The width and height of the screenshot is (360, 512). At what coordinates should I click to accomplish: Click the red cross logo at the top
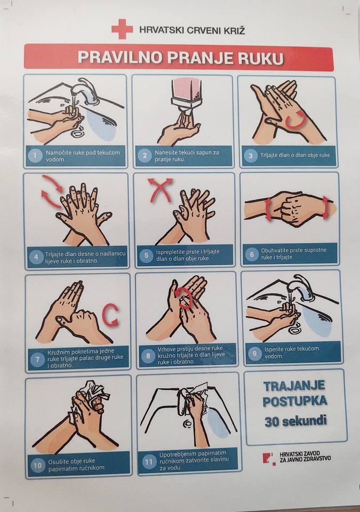coord(122,29)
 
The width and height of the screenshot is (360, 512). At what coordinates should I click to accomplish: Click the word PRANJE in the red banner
coord(201,58)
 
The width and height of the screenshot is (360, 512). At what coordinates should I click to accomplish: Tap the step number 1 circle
coord(35,155)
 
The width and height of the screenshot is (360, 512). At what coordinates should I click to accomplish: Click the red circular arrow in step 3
coord(295,119)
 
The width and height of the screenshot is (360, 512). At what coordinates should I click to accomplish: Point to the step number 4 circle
coord(36,257)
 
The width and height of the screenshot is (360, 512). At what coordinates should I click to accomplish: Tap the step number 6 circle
coord(252,254)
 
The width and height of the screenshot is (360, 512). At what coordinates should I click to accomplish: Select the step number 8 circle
coord(148,355)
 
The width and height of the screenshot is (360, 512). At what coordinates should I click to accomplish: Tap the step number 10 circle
coord(37,465)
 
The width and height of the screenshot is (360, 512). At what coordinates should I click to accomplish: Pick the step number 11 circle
coord(149,462)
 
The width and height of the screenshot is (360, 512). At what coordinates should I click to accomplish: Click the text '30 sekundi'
coord(295,421)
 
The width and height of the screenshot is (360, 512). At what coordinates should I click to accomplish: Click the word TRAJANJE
coord(294,386)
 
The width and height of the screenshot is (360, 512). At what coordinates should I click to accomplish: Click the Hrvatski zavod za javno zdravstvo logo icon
coord(269,458)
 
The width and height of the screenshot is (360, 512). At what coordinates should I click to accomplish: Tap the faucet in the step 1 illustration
coord(84,91)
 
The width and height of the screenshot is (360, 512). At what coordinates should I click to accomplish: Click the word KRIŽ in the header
coord(233,30)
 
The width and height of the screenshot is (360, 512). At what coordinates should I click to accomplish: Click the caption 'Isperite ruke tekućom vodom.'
coord(292,352)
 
